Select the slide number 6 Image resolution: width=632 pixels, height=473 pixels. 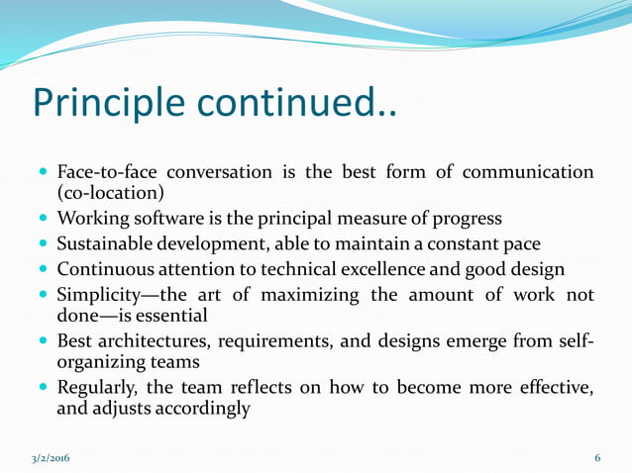pyautogui.click(x=597, y=458)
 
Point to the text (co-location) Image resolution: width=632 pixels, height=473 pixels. pyautogui.click(x=110, y=193)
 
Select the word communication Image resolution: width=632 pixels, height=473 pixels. pyautogui.click(x=527, y=173)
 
